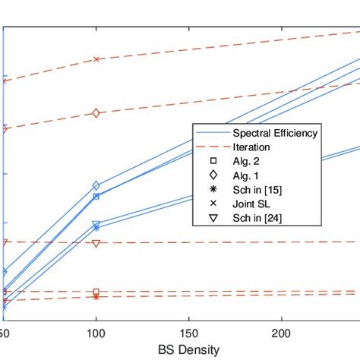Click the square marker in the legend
(213, 161)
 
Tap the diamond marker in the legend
(213, 175)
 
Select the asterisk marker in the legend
(213, 190)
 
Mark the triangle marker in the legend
(213, 219)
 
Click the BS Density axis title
(189, 350)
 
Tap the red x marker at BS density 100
(96, 59)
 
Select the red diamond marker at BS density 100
(96, 113)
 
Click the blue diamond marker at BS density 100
(96, 185)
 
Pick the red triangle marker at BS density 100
(96, 243)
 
